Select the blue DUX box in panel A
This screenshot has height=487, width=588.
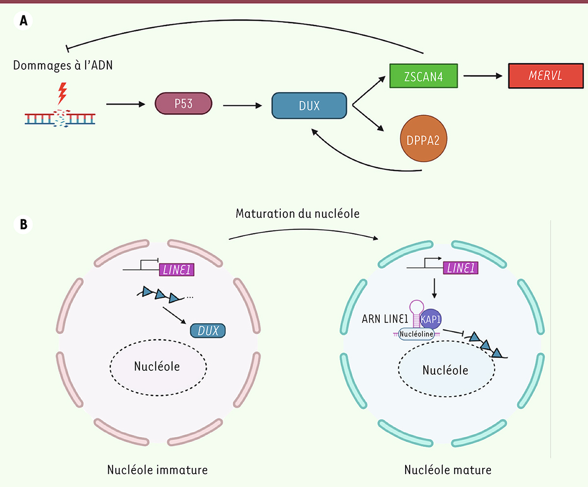(x=309, y=104)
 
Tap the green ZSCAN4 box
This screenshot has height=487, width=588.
(x=423, y=76)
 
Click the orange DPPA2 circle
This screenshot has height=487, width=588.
(x=424, y=139)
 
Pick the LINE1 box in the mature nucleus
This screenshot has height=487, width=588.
(x=461, y=267)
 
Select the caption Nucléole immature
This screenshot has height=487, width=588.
(x=157, y=469)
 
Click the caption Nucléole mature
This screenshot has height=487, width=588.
(x=447, y=469)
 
